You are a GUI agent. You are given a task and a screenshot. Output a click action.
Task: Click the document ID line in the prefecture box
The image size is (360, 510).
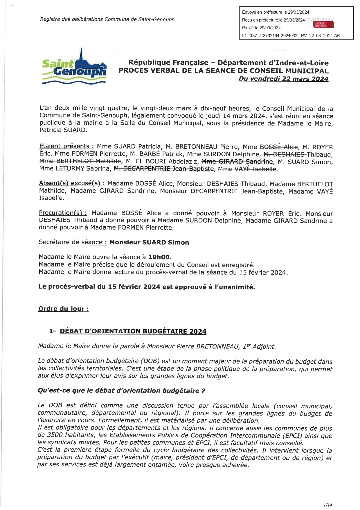click(291, 36)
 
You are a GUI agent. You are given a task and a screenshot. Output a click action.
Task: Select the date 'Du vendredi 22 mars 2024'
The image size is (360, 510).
click(283, 79)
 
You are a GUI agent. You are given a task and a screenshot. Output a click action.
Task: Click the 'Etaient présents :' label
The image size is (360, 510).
click(66, 146)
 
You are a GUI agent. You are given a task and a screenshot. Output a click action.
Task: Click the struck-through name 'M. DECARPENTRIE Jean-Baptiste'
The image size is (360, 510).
click(164, 169)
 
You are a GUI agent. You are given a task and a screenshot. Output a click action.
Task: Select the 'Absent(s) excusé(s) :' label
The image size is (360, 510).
click(72, 183)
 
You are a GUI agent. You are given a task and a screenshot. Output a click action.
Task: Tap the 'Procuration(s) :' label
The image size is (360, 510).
click(63, 213)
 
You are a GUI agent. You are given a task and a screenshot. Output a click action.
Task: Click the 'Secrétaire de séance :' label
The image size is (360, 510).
click(73, 242)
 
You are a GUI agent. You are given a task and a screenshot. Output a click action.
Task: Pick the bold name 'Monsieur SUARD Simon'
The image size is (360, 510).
click(149, 242)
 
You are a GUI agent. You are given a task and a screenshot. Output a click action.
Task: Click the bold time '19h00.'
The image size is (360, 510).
click(160, 257)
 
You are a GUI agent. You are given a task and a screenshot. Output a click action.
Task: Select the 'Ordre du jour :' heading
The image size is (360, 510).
click(64, 309)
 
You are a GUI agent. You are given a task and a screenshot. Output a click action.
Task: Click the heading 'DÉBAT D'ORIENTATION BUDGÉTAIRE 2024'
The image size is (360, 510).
click(133, 331)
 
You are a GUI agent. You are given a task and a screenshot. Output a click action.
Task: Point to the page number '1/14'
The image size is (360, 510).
click(327, 505)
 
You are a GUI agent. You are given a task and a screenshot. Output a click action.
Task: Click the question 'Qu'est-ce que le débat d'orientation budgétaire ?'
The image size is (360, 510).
click(121, 391)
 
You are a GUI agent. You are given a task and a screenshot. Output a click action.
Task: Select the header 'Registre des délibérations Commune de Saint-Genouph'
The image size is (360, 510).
click(107, 19)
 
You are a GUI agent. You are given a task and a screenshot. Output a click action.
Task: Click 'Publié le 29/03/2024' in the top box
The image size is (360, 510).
click(261, 28)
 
